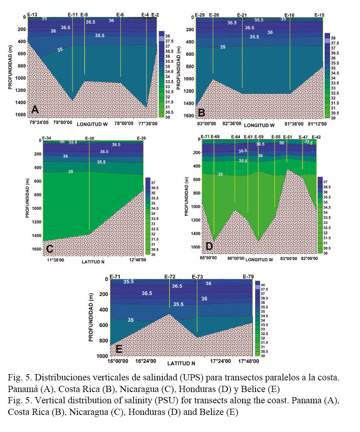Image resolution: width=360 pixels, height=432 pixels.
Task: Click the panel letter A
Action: pyautogui.click(x=35, y=109)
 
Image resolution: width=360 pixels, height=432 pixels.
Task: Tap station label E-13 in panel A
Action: pyautogui.click(x=32, y=15)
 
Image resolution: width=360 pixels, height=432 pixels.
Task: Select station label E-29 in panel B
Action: pyautogui.click(x=200, y=15)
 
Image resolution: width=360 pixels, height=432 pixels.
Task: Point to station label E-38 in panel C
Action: pyautogui.click(x=89, y=138)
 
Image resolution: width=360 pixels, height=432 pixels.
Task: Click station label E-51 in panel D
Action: pyautogui.click(x=287, y=137)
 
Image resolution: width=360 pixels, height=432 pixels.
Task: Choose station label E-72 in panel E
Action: pyautogui.click(x=170, y=276)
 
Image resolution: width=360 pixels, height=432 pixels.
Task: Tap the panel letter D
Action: pyautogui.click(x=209, y=246)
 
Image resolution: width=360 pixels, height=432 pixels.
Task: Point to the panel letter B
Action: pyautogui.click(x=202, y=112)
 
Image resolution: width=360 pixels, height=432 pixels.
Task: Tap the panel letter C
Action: pyautogui.click(x=49, y=249)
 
